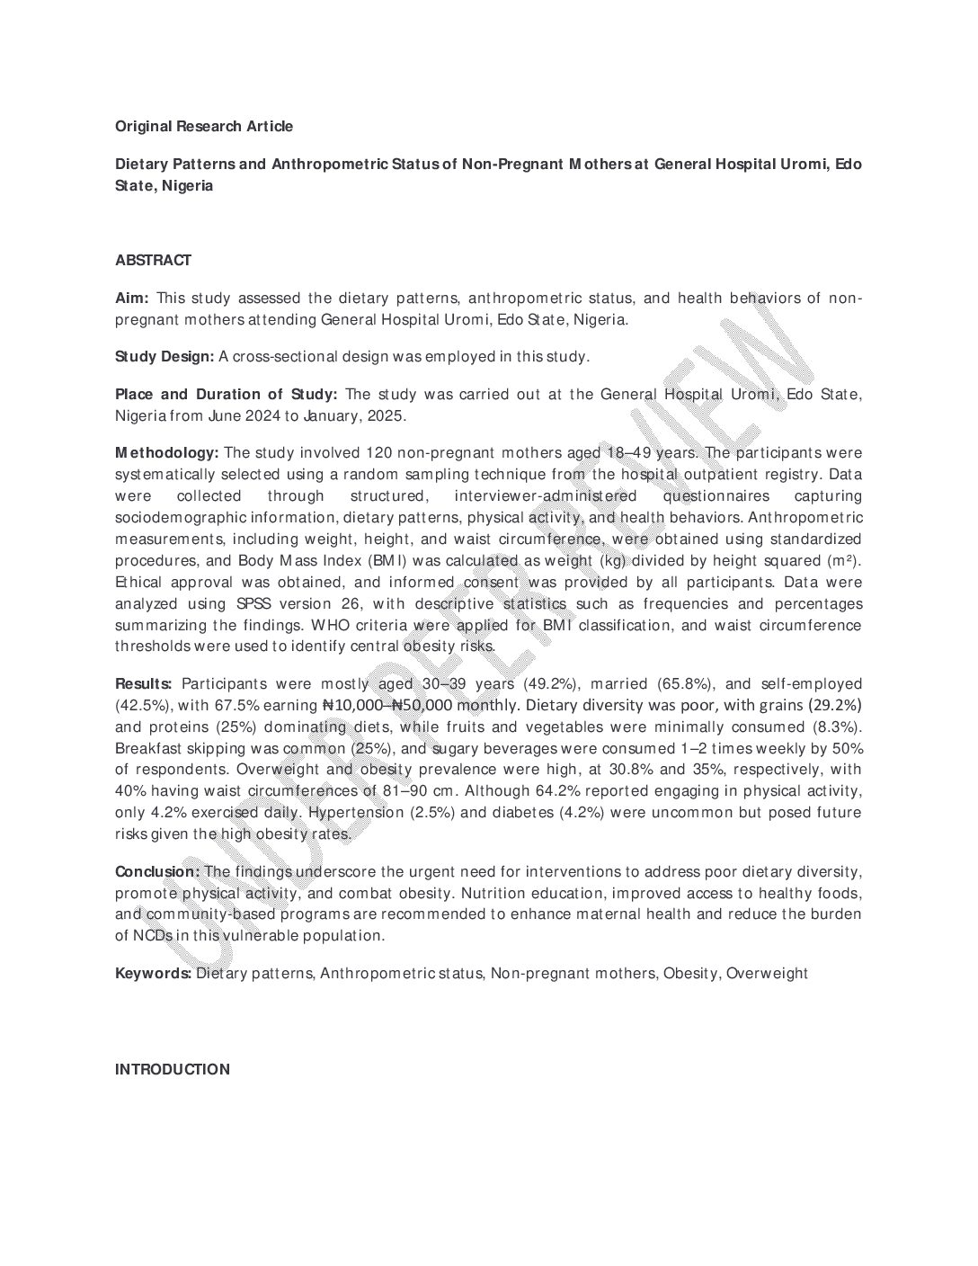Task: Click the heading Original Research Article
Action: tap(204, 127)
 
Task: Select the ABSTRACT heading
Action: tap(153, 261)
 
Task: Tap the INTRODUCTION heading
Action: tap(173, 1069)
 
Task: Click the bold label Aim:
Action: tap(132, 299)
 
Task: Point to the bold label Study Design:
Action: tap(164, 357)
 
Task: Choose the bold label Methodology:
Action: tap(166, 452)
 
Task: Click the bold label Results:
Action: tap(144, 684)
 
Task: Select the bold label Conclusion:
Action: tap(157, 871)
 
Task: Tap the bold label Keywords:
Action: tap(153, 973)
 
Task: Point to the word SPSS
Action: tap(255, 604)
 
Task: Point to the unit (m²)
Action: tap(844, 561)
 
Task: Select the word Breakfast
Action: tap(147, 748)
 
